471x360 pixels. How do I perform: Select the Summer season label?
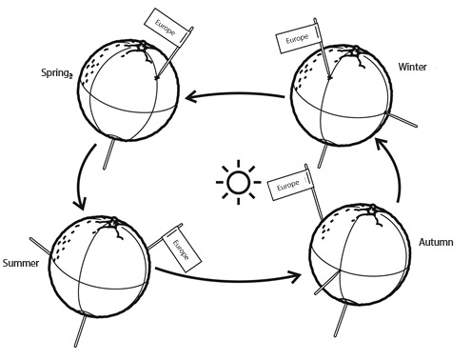tap(20, 263)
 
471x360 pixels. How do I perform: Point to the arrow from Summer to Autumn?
tap(228, 273)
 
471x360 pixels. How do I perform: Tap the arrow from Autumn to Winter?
tap(392, 171)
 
